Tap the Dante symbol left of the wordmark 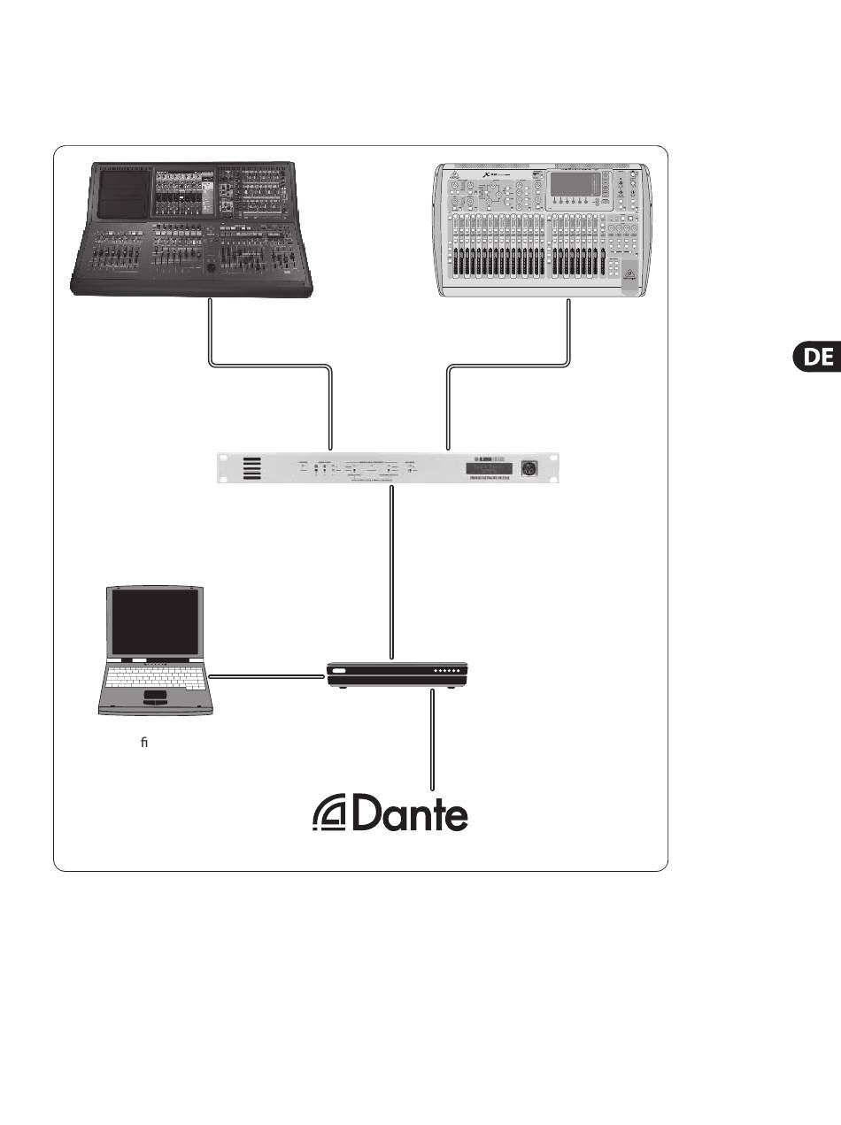point(330,815)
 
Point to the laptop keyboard point(156,678)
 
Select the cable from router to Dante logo point(433,739)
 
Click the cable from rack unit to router point(390,575)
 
